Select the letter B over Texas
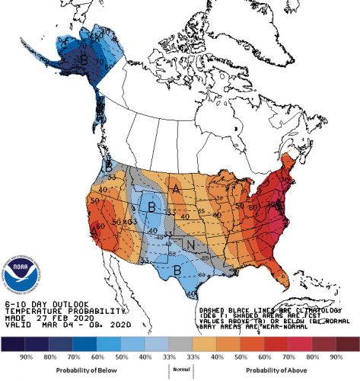tap(177, 268)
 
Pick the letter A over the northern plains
tap(176, 189)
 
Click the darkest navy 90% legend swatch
tap(14, 344)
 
